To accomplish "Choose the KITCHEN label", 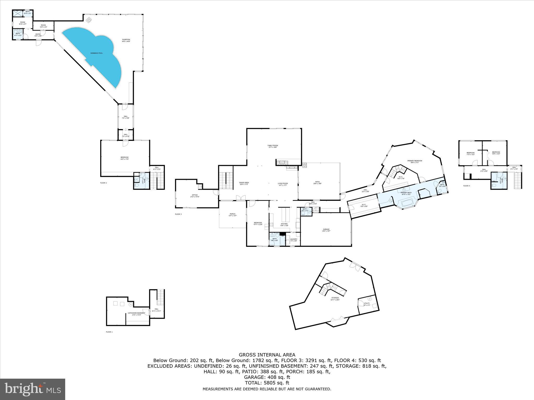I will [x=284, y=224].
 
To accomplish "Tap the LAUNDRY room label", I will [x=294, y=240].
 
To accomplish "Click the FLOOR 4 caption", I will [x=466, y=186].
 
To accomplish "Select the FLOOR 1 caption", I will [x=109, y=332].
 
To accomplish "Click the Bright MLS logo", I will [x=33, y=389].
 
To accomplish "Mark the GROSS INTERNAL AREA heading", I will [x=267, y=355].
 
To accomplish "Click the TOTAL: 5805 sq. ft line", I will [x=267, y=383].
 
